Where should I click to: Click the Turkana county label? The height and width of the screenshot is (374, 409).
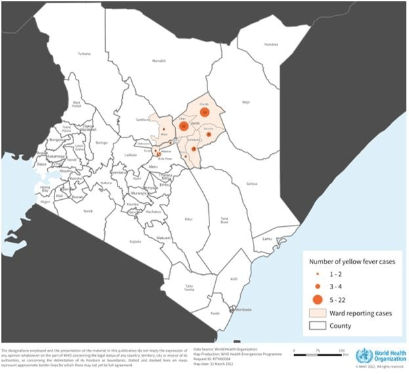(83, 53)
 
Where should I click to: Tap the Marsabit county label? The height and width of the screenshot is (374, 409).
(159, 61)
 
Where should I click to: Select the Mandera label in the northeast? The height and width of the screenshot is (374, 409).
(271, 45)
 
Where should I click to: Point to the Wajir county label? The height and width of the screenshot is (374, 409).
(246, 103)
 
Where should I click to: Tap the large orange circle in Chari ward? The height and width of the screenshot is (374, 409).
(183, 126)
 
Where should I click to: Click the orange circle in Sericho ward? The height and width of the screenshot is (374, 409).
(209, 135)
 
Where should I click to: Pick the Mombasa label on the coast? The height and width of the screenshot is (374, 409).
(242, 309)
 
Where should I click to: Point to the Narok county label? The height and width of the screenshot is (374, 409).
(89, 211)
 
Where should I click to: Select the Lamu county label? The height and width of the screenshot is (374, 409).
(267, 239)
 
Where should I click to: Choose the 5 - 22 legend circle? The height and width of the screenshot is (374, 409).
(317, 300)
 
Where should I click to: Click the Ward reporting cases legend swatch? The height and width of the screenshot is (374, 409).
(317, 314)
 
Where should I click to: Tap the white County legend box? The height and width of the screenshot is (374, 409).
(317, 325)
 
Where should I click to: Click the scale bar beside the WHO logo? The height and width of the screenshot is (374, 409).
(319, 352)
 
